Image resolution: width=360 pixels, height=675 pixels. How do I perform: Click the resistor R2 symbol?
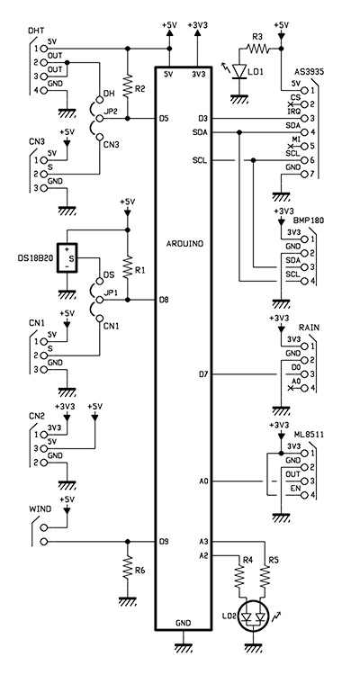pos(127,87)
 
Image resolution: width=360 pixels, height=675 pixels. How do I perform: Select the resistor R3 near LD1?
pos(257,49)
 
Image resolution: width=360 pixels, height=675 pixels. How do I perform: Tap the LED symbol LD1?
pos(238,71)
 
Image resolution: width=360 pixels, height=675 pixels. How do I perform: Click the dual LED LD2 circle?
pos(254,617)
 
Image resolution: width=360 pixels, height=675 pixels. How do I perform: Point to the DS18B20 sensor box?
pos(67,258)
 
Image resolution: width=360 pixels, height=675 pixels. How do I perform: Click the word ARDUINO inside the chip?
pos(184,244)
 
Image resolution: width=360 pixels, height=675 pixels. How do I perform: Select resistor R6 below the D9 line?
pos(127,568)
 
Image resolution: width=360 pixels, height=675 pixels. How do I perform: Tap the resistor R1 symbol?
pos(127,268)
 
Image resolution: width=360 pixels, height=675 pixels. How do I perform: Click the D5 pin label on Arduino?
pos(163,118)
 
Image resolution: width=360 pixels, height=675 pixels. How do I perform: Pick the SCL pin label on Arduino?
pos(200,160)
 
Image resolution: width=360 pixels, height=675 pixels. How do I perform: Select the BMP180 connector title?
pos(309,220)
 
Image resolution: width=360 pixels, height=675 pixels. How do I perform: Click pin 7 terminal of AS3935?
pos(305,175)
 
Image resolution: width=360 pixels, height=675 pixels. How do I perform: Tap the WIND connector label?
pos(40,509)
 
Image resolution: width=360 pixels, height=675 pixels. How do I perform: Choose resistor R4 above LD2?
pos(240,578)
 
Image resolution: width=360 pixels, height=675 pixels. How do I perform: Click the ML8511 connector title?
pos(310,436)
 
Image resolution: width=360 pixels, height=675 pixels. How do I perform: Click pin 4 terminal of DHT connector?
pos(43,90)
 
